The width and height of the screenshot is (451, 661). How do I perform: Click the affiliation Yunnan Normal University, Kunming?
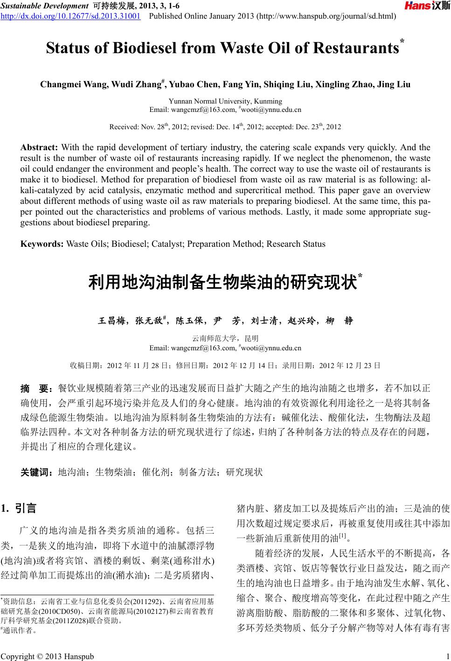click(225, 101)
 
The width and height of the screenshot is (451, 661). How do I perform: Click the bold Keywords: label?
click(42, 244)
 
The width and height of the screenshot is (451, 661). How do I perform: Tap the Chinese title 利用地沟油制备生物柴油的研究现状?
click(222, 283)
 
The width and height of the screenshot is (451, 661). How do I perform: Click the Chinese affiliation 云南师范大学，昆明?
click(225, 339)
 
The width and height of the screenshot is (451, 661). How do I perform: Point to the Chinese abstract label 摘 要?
click(37, 388)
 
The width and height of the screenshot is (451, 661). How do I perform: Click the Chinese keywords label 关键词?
click(37, 472)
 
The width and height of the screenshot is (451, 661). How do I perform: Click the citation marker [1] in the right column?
click(341, 547)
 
